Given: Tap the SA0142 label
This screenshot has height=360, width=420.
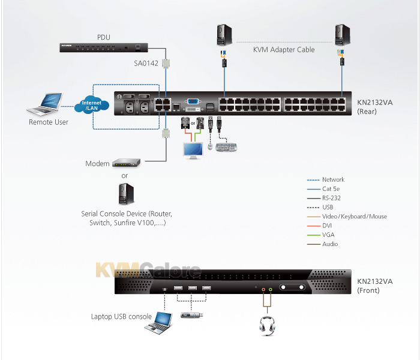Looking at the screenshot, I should (146, 62).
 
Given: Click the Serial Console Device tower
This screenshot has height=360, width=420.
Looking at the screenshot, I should (125, 194).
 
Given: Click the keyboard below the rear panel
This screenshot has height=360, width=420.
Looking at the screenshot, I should (227, 147).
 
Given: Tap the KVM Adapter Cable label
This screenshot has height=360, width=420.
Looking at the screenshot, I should (284, 50).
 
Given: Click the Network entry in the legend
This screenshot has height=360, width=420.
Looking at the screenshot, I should (333, 179).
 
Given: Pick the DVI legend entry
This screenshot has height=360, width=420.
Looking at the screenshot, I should (328, 226).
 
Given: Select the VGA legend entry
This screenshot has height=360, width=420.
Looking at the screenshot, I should (328, 235).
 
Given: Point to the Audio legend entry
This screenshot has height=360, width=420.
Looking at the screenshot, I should (330, 244).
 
